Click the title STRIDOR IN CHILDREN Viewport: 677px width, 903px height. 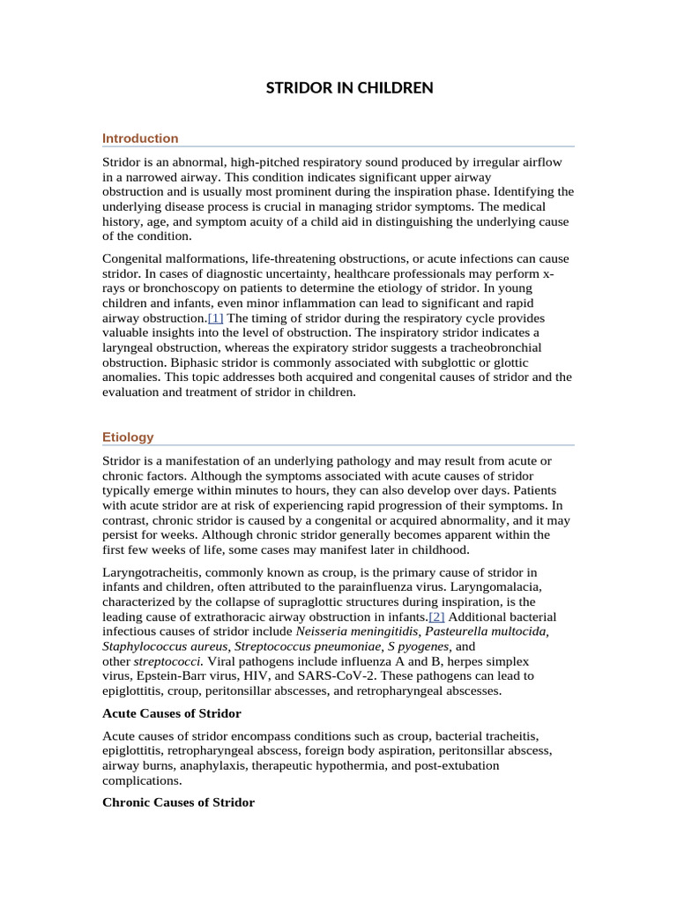point(350,87)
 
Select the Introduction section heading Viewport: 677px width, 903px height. point(140,138)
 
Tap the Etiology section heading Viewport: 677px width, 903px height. point(128,437)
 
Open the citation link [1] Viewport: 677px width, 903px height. point(215,317)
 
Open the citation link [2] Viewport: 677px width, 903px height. point(436,616)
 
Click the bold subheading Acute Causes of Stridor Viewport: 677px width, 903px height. point(172,713)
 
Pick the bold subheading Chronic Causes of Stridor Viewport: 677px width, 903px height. point(179,802)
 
